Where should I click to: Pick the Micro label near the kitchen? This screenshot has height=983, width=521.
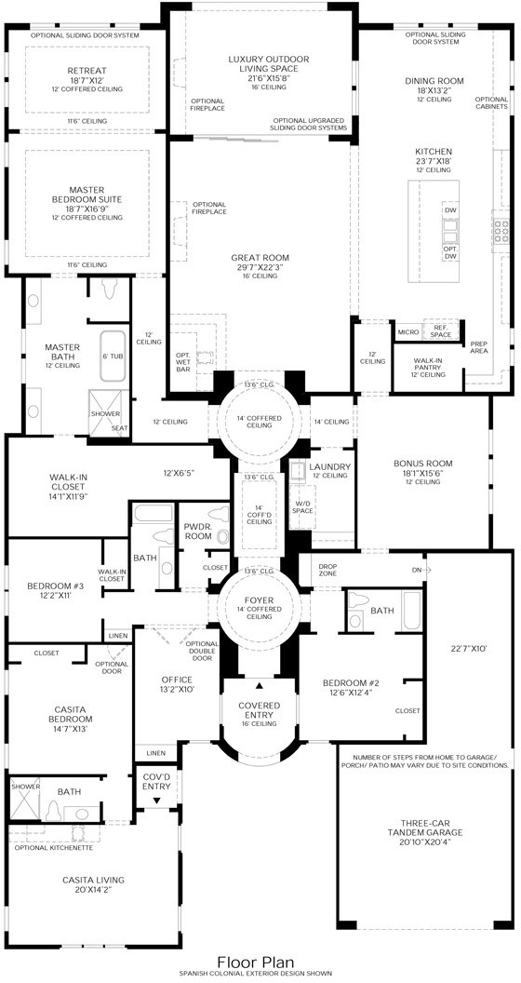(x=407, y=331)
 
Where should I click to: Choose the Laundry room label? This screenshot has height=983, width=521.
(x=329, y=466)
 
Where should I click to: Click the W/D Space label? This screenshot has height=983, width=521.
(x=303, y=508)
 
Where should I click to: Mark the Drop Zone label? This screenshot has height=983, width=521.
(x=327, y=570)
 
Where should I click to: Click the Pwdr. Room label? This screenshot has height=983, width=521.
(x=198, y=532)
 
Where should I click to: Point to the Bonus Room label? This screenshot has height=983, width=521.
(x=422, y=463)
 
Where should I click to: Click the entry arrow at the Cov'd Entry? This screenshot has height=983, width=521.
(x=156, y=800)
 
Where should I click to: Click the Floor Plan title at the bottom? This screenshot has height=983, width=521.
(x=255, y=963)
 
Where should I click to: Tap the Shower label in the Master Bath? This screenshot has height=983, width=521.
(x=102, y=414)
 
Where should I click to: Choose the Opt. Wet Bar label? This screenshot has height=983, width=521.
(x=183, y=362)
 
